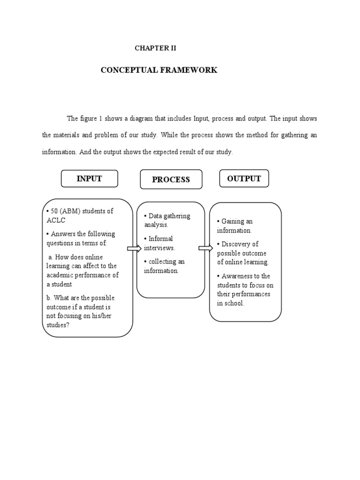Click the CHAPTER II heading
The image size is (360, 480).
(x=155, y=48)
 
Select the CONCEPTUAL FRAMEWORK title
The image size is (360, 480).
(x=159, y=70)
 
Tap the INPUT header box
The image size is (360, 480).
(x=89, y=179)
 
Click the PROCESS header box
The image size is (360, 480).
(x=171, y=180)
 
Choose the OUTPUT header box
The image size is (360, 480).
(x=244, y=179)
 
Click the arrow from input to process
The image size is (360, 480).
(x=134, y=248)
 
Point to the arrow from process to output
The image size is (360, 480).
(x=206, y=248)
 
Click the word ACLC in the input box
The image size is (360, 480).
(x=56, y=220)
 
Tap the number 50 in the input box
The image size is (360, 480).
(x=54, y=211)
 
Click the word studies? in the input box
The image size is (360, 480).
(x=58, y=325)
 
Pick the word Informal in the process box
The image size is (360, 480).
(x=161, y=239)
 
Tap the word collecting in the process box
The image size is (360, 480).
(x=162, y=262)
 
